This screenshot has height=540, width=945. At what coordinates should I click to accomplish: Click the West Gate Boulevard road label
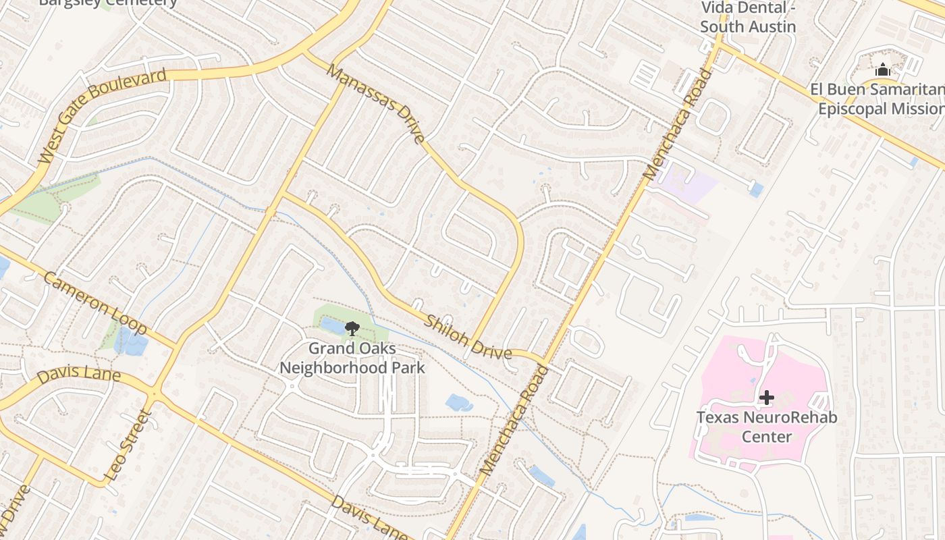click(102, 115)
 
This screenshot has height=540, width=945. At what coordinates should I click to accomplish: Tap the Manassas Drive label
click(376, 103)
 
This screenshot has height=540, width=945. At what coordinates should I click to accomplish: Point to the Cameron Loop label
click(94, 303)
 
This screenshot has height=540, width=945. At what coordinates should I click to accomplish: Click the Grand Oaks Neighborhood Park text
click(352, 358)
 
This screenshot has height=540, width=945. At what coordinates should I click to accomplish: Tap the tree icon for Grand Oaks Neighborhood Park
click(352, 329)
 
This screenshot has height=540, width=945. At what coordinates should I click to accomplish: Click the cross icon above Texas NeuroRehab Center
click(766, 398)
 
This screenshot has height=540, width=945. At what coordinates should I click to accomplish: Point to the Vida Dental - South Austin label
click(747, 18)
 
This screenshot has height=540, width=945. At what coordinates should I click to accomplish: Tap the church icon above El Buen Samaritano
click(882, 70)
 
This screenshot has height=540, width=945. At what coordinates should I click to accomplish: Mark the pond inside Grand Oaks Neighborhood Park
click(332, 326)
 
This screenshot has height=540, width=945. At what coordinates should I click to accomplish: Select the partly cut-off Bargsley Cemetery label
click(108, 3)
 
